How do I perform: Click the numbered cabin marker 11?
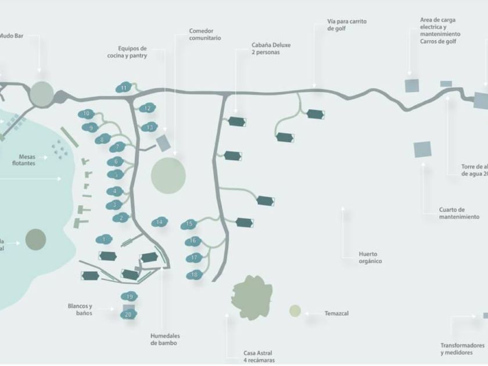click(x=124, y=88)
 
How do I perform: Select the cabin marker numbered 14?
click(x=160, y=222)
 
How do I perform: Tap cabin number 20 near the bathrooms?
click(x=128, y=314)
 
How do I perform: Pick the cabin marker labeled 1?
click(x=105, y=239)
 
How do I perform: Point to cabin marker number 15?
click(x=189, y=224)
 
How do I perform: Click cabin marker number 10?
click(x=87, y=114)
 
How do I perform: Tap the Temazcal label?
click(x=336, y=314)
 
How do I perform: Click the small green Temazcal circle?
click(x=295, y=311)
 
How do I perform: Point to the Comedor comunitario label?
click(x=204, y=34)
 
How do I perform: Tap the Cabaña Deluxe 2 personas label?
click(x=271, y=48)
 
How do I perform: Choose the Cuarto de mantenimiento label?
click(x=460, y=213)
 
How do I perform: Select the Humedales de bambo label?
click(x=165, y=339)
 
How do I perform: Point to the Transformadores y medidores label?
click(x=462, y=349)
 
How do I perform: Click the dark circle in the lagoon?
click(x=35, y=239)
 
